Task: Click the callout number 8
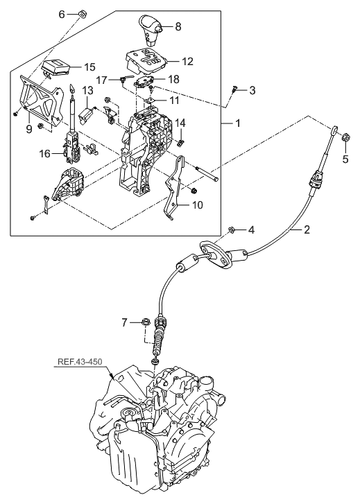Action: pos(178,27)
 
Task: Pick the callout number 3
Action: pos(252,90)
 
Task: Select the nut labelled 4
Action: pos(232,229)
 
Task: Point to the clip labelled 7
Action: pos(146,322)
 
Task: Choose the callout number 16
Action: pos(44,154)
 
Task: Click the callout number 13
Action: pos(87,90)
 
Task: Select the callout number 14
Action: pos(180,123)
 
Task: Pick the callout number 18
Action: pos(173,80)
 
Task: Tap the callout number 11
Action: pos(174,101)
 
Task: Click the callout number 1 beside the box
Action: pos(238,123)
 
